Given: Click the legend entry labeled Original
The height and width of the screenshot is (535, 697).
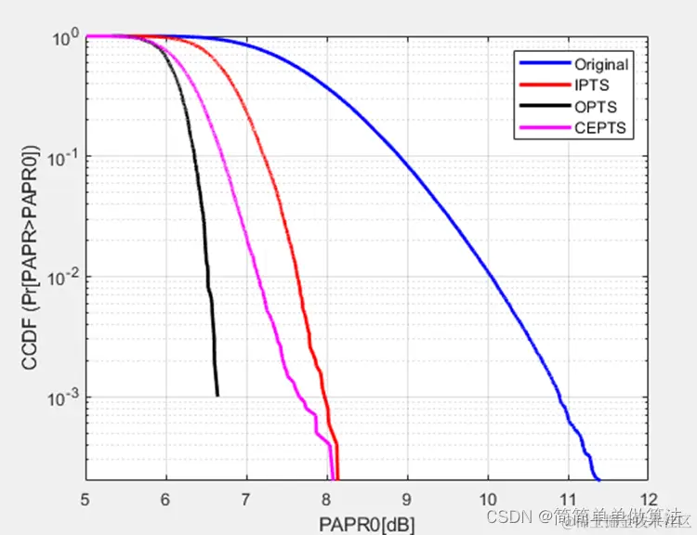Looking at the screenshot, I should point(600,65).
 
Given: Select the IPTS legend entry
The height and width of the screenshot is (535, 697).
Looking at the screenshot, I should point(592,85).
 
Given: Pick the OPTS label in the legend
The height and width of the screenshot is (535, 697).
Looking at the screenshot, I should point(595,107).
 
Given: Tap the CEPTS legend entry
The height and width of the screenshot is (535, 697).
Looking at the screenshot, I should point(600,128).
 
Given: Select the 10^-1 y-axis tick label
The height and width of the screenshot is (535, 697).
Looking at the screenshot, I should point(62,159).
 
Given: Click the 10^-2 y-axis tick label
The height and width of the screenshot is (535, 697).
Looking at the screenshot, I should point(62,279).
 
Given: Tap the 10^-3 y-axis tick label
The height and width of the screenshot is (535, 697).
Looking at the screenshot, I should point(62,398).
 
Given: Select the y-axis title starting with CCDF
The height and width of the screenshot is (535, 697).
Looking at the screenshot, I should point(32,255).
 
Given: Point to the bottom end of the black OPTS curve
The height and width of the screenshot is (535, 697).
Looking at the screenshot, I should point(217,395).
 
